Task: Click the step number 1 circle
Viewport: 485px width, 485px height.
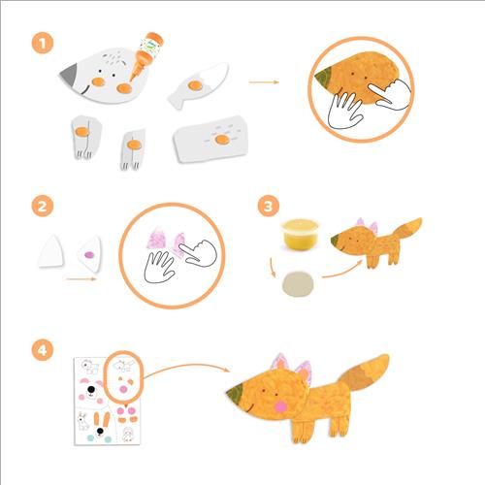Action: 43,44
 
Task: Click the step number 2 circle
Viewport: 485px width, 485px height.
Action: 43,207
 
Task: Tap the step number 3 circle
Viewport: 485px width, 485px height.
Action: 269,207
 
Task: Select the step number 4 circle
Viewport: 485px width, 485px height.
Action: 43,350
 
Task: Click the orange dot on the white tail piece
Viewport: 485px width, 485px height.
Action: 195,85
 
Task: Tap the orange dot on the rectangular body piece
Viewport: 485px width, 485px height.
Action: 222,140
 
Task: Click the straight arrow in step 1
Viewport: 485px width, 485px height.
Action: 264,82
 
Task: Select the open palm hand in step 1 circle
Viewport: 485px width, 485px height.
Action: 344,111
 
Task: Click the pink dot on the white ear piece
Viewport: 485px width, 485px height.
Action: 89,255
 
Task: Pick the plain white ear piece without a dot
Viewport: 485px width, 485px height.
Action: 51,251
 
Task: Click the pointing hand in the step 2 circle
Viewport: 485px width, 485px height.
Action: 199,253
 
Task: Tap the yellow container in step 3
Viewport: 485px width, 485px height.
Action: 300,234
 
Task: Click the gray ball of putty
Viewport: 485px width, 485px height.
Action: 298,283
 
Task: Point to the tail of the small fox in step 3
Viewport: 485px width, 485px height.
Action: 408,230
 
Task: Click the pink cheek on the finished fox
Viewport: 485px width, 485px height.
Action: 280,406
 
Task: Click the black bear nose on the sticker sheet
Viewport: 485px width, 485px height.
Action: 91,390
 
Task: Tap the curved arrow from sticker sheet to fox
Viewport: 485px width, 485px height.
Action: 187,367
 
